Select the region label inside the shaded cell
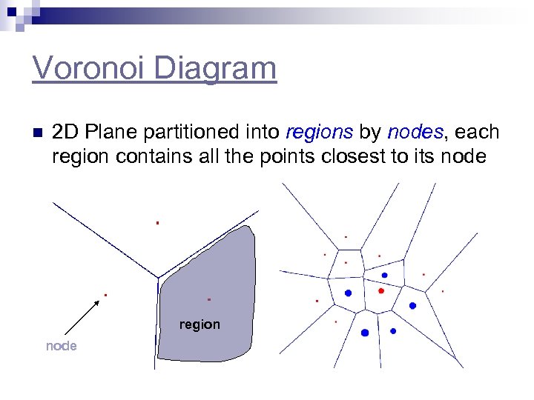200,324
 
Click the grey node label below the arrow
61,346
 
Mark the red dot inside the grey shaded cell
209,299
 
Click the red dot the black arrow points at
105,295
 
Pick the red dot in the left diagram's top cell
157,222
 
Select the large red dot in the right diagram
381,291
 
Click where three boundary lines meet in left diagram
158,278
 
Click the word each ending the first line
477,133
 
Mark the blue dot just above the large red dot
384,275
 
